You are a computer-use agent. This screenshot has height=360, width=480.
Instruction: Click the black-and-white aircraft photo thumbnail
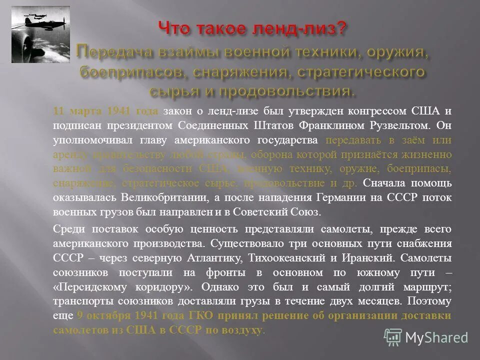[40, 34]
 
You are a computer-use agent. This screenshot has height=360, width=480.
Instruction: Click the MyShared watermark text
[436, 337]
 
